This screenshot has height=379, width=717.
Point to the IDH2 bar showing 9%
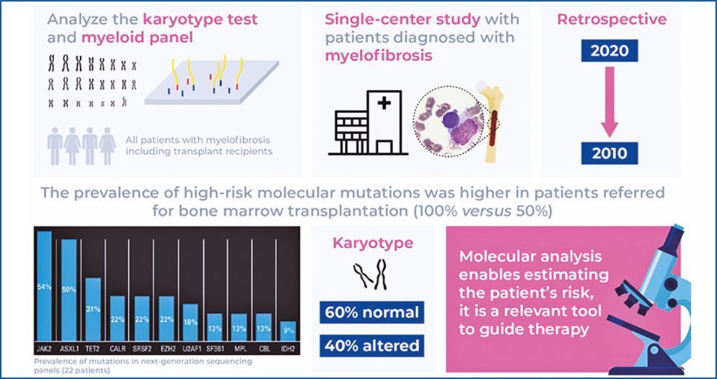(x=288, y=329)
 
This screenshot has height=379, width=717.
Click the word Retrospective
(x=611, y=20)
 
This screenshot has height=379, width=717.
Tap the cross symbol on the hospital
(x=385, y=105)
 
